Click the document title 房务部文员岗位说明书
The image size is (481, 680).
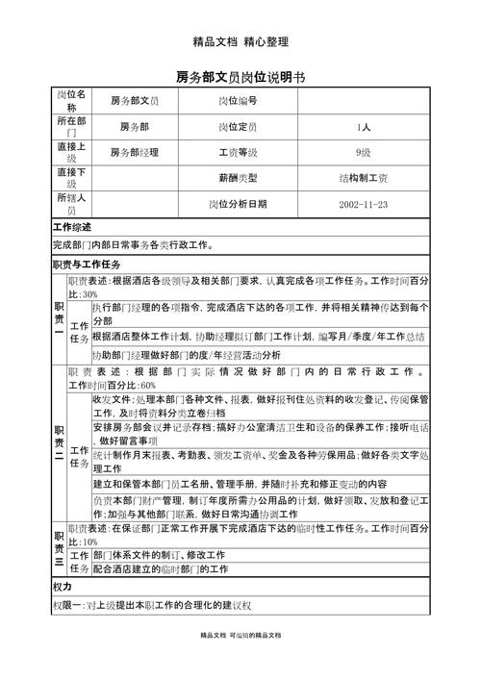tap(240, 76)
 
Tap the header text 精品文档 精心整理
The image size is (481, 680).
tap(240, 41)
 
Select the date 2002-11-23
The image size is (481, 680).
tap(363, 205)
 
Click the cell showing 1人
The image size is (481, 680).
tap(363, 127)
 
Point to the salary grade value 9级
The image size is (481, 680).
tap(363, 153)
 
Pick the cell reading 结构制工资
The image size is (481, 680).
tap(363, 179)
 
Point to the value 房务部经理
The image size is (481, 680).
tap(135, 153)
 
